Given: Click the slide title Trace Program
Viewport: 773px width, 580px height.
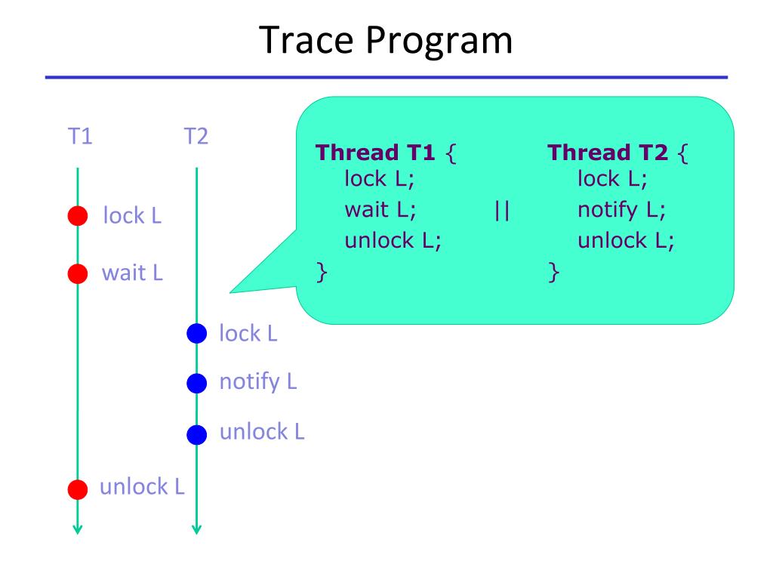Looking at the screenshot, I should [x=386, y=40].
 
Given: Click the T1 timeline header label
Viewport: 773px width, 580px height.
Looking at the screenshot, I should [x=79, y=137].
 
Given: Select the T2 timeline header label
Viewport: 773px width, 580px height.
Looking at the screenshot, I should [x=196, y=137].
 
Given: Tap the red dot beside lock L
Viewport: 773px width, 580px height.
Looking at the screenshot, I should [x=78, y=217].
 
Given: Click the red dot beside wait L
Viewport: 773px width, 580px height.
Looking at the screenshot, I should [x=78, y=273].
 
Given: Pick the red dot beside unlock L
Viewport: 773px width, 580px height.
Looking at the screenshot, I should [x=78, y=489].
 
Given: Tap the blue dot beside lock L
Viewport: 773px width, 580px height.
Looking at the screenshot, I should [x=196, y=333].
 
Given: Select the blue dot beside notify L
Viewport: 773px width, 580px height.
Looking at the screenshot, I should [x=196, y=384].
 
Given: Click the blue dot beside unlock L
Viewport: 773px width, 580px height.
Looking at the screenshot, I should [x=196, y=434].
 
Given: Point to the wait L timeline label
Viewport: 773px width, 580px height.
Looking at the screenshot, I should [x=132, y=273].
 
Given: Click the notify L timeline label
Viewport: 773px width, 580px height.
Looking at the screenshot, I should [x=257, y=382].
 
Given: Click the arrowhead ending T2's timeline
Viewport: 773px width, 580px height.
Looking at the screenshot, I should [x=196, y=529].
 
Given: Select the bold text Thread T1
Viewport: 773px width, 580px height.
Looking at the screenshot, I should [x=375, y=153].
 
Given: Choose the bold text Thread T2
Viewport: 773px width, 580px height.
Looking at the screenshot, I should [x=608, y=153].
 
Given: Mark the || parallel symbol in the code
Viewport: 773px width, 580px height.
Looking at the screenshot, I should [x=502, y=209].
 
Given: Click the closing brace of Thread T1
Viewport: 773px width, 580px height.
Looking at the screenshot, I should [x=322, y=271].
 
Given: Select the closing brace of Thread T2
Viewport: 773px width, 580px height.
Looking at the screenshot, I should [x=555, y=271].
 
